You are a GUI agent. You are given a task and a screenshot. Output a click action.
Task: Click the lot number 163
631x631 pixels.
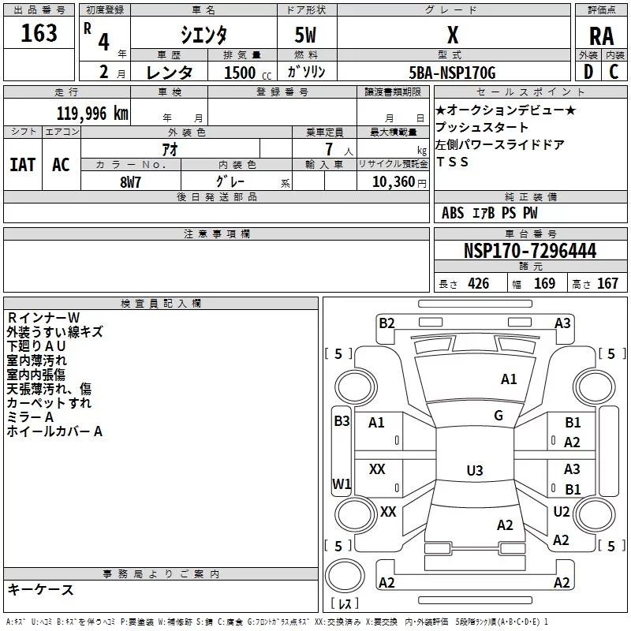(x=39, y=33)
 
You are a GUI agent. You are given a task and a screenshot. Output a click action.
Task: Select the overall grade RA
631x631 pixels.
(x=601, y=35)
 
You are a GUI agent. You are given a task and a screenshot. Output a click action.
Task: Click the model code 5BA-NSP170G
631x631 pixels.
(x=452, y=73)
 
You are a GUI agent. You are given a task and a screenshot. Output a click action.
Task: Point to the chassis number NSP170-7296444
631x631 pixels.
(x=529, y=252)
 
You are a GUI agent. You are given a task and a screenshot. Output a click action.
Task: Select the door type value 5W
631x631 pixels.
(x=307, y=35)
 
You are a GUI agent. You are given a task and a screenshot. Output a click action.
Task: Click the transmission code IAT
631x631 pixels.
(x=22, y=164)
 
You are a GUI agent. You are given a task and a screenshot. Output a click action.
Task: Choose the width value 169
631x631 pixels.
(x=544, y=284)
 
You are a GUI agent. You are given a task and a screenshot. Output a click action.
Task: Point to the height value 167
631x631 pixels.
(x=607, y=284)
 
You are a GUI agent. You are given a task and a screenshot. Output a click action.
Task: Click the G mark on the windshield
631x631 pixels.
(x=498, y=416)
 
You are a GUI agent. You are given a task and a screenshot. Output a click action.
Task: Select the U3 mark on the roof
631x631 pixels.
(x=474, y=471)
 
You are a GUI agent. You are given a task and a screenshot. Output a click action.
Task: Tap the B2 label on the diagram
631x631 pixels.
(x=386, y=323)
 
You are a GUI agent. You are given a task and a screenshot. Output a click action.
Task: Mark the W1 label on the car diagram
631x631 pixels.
(x=341, y=484)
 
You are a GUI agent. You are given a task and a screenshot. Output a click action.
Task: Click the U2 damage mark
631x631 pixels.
(x=562, y=512)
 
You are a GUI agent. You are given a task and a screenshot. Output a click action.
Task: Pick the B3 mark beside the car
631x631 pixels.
(x=342, y=421)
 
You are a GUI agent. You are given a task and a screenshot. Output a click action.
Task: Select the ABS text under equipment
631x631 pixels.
(x=453, y=213)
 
